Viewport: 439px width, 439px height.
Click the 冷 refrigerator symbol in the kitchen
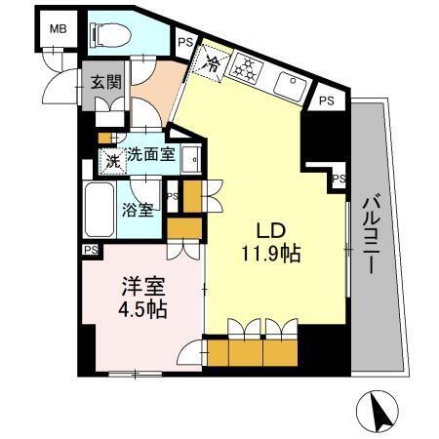(213, 63)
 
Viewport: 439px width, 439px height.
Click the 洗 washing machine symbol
(113, 160)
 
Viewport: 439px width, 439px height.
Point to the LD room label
(270, 231)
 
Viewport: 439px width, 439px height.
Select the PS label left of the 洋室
(90, 250)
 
